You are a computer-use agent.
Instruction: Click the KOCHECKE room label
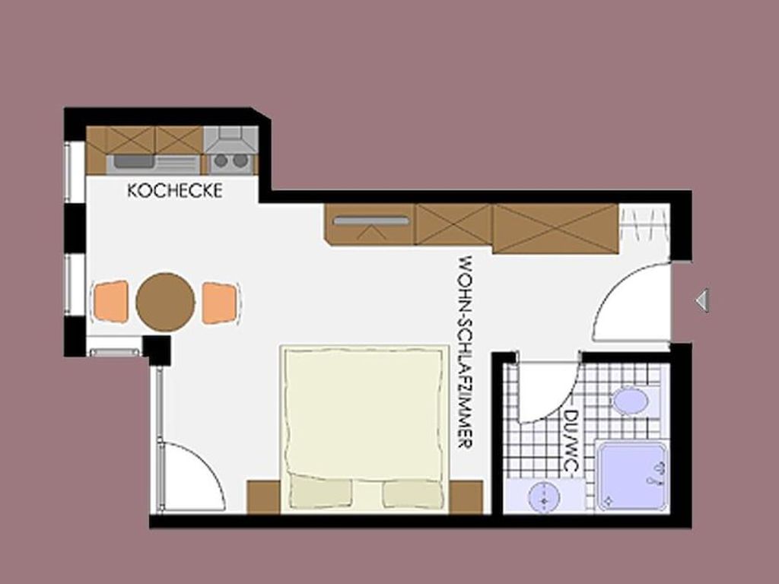[x=174, y=191]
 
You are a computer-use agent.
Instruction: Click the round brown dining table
[x=165, y=301]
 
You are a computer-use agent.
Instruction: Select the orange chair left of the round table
[x=110, y=301]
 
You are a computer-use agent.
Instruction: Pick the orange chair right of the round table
[x=219, y=303]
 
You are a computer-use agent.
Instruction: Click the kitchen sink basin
[x=132, y=161]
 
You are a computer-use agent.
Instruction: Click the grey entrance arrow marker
[x=701, y=300]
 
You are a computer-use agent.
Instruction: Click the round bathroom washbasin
[x=544, y=497]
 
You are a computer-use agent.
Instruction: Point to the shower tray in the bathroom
[x=631, y=476]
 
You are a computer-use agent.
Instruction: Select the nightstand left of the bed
[x=263, y=497]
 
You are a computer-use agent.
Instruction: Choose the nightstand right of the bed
[x=466, y=497]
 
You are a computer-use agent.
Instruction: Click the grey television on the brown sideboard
[x=371, y=221]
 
